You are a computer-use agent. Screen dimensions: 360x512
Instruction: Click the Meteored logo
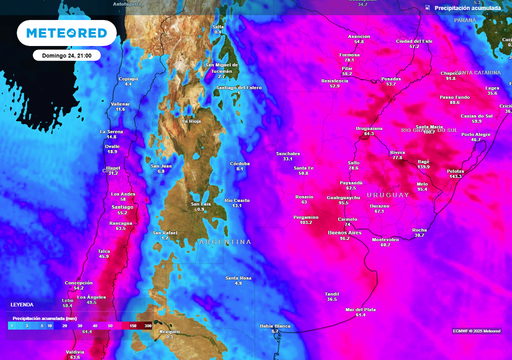point(66,33)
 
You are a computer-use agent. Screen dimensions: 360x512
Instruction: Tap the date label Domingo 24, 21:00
point(66,55)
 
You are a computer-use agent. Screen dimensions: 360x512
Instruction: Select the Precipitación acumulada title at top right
point(467,8)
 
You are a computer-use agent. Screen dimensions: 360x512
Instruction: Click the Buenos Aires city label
point(344,232)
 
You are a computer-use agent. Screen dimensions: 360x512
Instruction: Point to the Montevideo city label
point(385,239)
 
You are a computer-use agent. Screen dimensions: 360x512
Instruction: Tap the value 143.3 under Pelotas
point(455,176)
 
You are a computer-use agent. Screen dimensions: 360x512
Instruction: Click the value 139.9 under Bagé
point(423,167)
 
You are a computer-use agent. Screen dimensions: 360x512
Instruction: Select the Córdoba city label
point(239,163)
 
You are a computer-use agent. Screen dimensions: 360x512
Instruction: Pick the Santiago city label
point(122,207)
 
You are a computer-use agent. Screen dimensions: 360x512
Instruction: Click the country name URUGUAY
point(387,195)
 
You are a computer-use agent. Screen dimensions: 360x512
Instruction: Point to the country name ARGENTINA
point(225,242)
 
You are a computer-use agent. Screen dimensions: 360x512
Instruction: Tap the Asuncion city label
point(359,36)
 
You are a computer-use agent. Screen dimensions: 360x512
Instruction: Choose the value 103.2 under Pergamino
point(306,222)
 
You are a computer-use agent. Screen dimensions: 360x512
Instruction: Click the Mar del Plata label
point(360,309)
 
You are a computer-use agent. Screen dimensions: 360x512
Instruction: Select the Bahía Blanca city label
point(275,326)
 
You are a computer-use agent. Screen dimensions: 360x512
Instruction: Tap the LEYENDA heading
point(22,304)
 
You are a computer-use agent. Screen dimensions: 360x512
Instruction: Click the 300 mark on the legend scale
point(148,326)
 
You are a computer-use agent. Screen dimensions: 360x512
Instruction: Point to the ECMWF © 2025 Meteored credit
point(476,331)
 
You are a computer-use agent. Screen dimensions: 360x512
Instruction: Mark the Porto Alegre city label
point(475,134)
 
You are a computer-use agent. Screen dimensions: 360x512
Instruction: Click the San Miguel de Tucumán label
point(222,67)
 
